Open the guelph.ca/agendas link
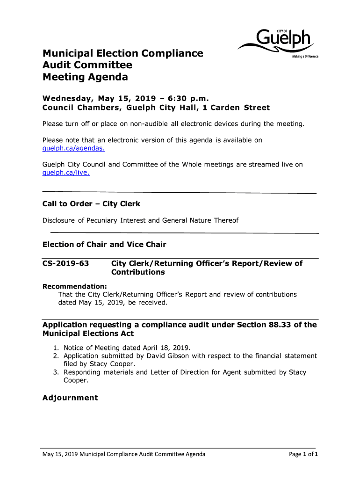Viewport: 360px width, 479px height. (73, 148)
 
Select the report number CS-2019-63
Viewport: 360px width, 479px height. (66, 263)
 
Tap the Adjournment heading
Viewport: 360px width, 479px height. (70, 398)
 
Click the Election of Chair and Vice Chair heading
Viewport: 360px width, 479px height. (104, 245)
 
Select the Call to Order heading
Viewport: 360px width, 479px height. (91, 204)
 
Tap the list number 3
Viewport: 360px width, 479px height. (55, 372)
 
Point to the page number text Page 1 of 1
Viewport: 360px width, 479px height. (304, 454)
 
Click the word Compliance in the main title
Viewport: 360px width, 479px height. (165, 53)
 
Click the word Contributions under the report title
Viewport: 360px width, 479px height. (138, 272)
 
